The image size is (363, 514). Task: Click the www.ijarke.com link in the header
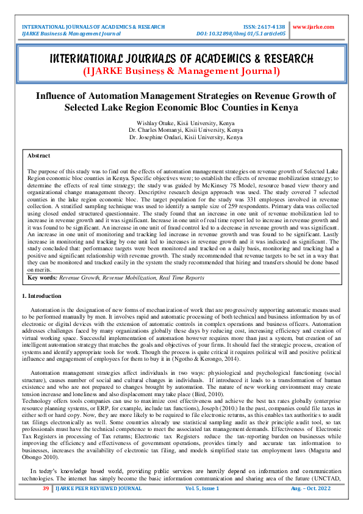pyautogui.click(x=314, y=27)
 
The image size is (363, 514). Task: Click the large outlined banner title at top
pyautogui.click(x=181, y=59)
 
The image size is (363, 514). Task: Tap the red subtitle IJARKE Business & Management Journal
pyautogui.click(x=181, y=71)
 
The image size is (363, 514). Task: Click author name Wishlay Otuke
pyautogui.click(x=160, y=123)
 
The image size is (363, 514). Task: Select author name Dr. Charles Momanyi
pyautogui.click(x=153, y=131)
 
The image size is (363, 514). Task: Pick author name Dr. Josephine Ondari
pyautogui.click(x=154, y=138)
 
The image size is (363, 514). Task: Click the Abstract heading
pyautogui.click(x=39, y=156)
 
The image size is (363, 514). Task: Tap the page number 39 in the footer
pyautogui.click(x=45, y=506)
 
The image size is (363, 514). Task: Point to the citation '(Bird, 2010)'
pyautogui.click(x=223, y=394)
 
